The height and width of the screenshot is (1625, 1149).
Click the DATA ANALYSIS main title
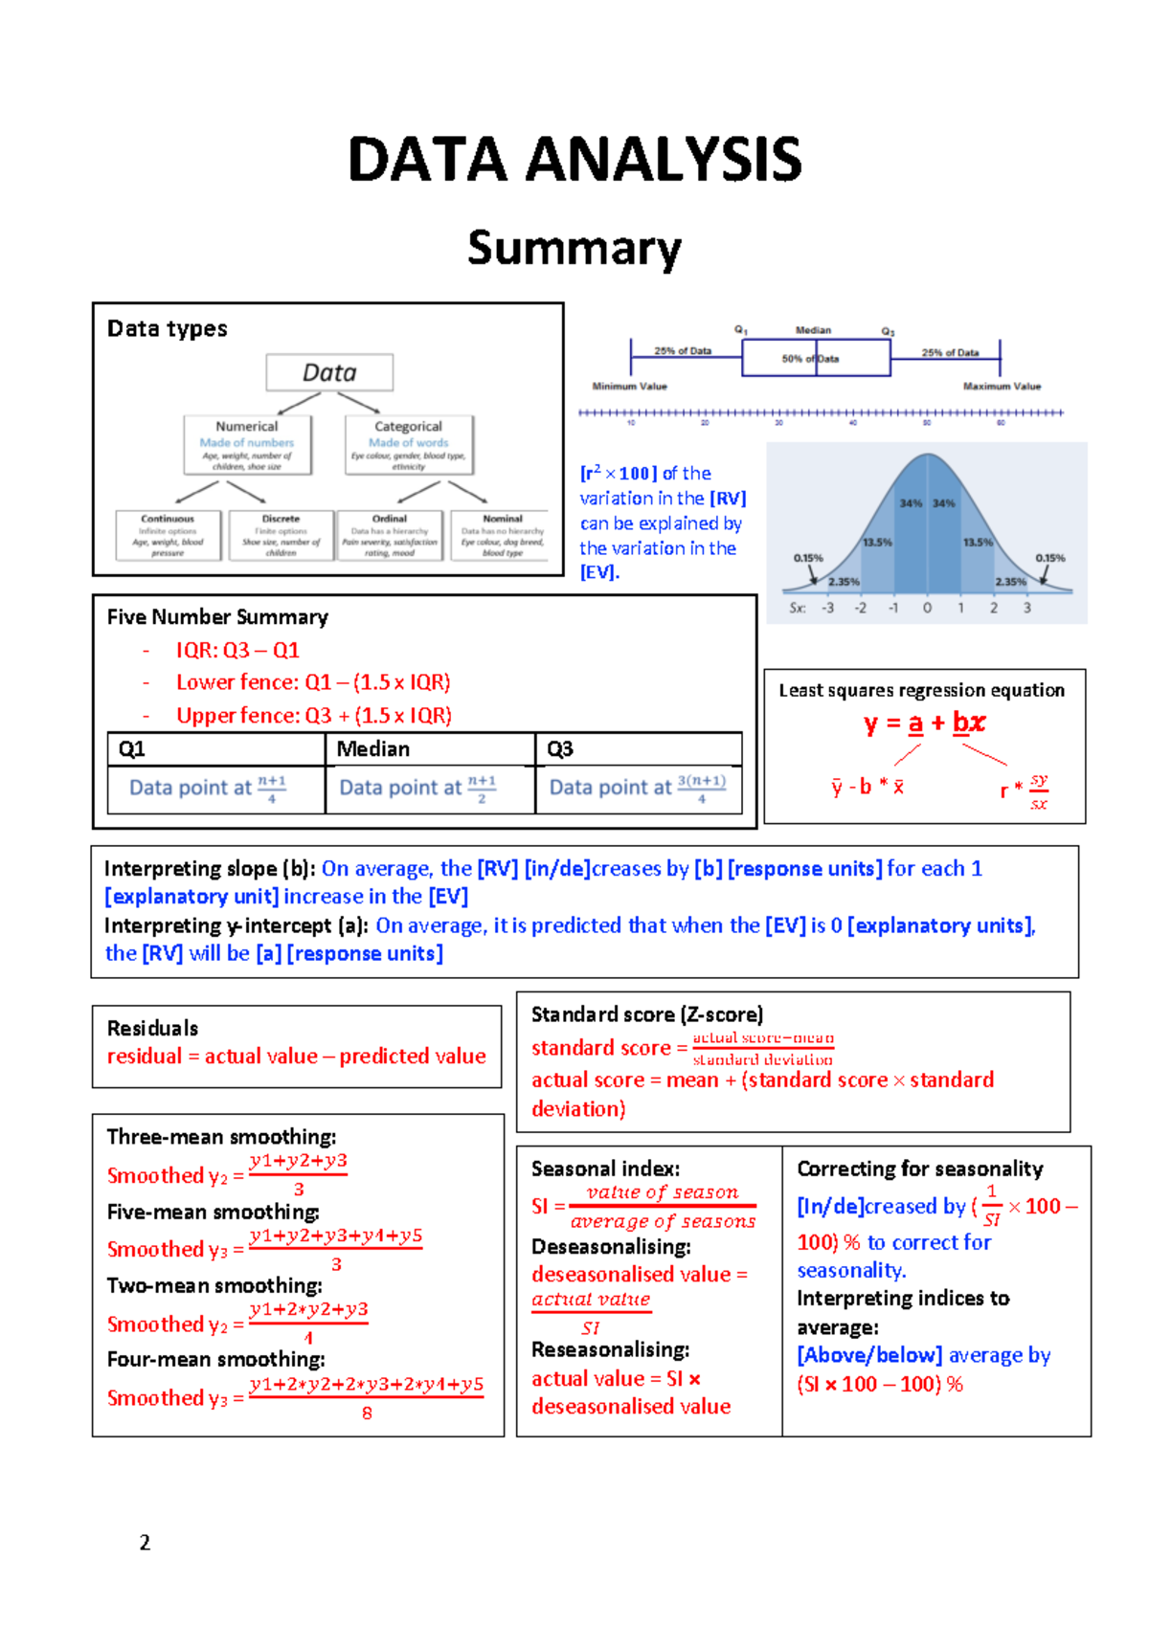coord(574,159)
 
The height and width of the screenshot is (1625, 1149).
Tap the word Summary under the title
coord(574,249)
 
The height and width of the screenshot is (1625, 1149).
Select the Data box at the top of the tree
coord(329,372)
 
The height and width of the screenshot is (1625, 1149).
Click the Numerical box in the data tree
coord(247,444)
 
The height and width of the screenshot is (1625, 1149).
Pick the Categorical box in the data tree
coord(409,444)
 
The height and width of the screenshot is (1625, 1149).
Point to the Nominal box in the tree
coord(503,535)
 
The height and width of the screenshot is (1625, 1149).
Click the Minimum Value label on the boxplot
coord(629,387)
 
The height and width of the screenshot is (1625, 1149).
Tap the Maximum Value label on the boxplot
coord(1002,387)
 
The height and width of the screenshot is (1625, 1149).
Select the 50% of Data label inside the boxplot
coord(810,359)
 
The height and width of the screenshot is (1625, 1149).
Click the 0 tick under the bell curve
coord(927,608)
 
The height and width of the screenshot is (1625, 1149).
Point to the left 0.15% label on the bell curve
coord(808,557)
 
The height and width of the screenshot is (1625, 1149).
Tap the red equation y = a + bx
coord(924,723)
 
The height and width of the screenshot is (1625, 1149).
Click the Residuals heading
coord(152,1028)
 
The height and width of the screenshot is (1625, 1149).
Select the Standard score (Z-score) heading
coord(647,1014)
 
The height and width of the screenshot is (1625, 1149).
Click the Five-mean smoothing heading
coord(213,1212)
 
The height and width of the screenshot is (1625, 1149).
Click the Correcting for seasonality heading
coord(920,1169)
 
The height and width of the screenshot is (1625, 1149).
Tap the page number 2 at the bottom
coord(145,1542)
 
